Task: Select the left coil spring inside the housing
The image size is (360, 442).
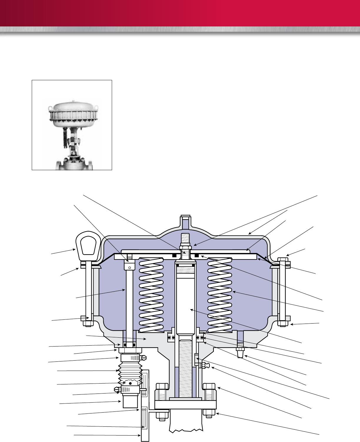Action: [151, 294]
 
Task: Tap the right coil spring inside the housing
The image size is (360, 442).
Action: [220, 294]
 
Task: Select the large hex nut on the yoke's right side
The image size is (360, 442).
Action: [209, 392]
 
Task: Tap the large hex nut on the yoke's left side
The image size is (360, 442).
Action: [162, 392]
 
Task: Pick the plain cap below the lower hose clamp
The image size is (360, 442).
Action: [130, 401]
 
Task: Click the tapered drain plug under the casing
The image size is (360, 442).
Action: [240, 352]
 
